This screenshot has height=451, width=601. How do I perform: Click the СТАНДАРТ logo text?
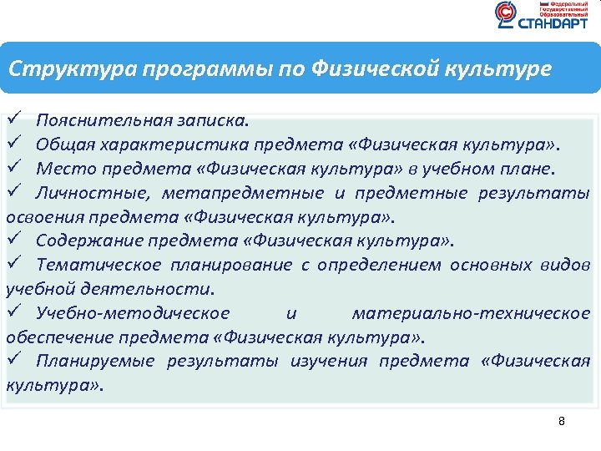[553, 24]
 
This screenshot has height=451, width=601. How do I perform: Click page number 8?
[562, 421]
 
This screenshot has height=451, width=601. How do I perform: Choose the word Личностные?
[84, 194]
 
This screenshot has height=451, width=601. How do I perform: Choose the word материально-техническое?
[471, 314]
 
